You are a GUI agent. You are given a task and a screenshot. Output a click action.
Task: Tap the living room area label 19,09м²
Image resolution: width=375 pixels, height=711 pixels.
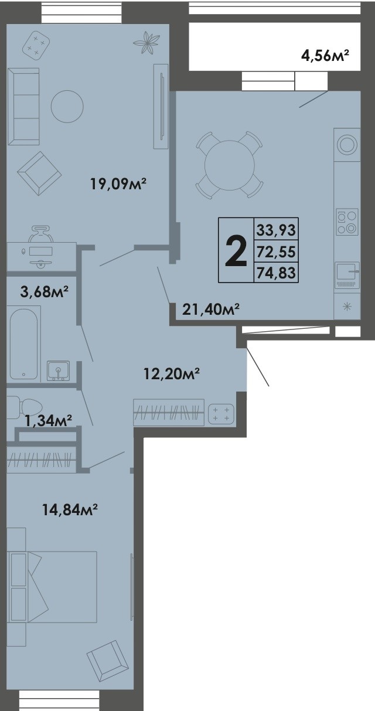118,185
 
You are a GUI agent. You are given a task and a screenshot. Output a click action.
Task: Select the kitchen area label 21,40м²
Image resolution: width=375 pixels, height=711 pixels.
212,309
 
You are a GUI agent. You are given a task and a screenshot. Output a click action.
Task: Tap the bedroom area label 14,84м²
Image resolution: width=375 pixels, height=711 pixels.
69,510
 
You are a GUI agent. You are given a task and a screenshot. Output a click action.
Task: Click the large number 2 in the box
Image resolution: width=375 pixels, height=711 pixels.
236,251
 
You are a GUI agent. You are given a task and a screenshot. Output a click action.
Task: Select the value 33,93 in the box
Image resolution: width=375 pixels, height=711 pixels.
275,229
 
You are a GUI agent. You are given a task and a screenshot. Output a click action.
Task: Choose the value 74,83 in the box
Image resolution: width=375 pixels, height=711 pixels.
275,272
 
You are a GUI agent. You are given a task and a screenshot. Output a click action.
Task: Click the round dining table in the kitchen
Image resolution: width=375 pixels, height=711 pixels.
229,165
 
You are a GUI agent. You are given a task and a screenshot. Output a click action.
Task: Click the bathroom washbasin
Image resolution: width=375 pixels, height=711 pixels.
58,370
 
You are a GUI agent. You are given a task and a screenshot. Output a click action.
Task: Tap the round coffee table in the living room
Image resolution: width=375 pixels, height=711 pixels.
67,106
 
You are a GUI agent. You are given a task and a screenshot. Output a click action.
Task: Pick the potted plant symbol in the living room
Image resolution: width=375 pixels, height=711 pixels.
146,42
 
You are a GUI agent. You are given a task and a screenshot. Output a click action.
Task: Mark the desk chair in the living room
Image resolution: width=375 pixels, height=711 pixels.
40,233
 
